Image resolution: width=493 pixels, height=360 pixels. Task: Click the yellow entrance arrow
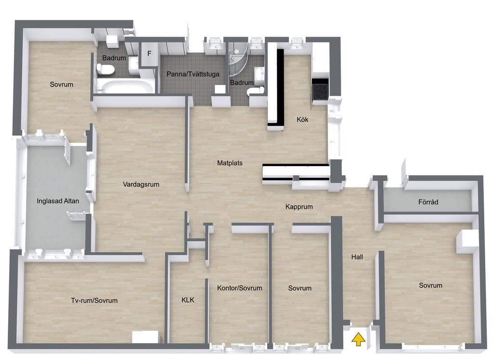[x=358, y=340]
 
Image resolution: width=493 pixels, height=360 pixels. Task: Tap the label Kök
[x=302, y=119]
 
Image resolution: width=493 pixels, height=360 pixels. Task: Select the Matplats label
[x=230, y=163]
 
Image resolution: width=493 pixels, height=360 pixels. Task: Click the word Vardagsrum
[x=141, y=184]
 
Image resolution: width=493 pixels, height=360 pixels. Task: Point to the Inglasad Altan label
[x=58, y=201]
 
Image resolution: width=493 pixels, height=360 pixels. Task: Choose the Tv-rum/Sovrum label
[x=94, y=300]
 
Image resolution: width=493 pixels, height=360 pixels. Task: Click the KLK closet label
[x=188, y=300]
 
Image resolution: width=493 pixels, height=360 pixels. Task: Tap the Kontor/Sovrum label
[x=240, y=288]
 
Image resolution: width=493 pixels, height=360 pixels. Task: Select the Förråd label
[x=428, y=202]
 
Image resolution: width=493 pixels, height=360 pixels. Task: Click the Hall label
[x=357, y=257]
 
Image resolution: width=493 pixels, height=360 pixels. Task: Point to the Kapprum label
[x=299, y=206]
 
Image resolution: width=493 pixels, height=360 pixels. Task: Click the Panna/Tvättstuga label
[x=193, y=74]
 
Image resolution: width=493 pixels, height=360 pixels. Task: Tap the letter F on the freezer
[x=149, y=53]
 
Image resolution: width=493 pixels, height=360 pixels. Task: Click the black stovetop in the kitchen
[x=320, y=90]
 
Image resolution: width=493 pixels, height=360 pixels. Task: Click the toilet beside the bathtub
[x=105, y=69]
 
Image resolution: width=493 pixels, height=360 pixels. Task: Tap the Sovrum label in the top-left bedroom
[x=62, y=84]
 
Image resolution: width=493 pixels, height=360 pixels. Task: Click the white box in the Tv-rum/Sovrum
[x=145, y=337]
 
